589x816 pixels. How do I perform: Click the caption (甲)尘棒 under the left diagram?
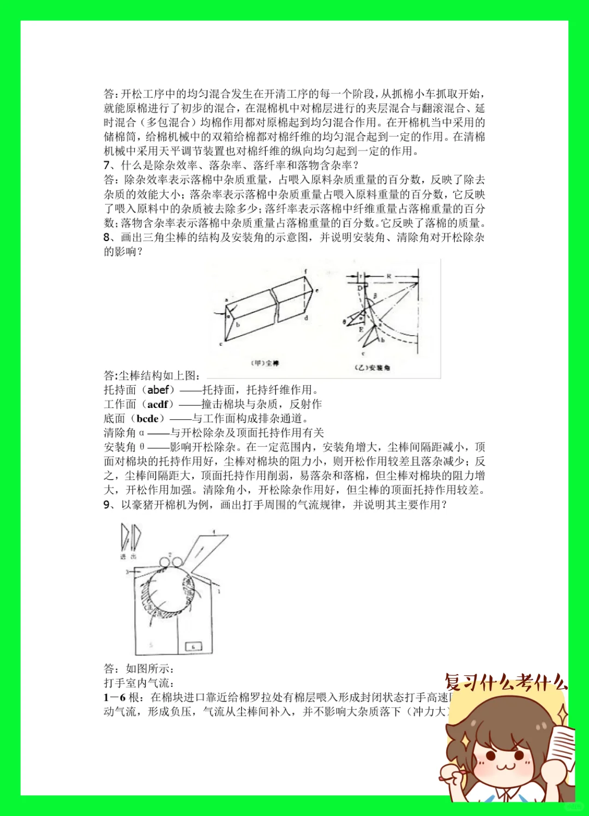(265, 363)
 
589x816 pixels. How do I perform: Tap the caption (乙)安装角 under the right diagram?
(372, 368)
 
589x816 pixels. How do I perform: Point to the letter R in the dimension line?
(389, 277)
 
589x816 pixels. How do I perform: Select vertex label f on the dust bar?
(305, 271)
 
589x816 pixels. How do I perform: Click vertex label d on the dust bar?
(306, 317)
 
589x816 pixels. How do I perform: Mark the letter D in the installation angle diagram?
(360, 288)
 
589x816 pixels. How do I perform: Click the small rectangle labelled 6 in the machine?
(194, 646)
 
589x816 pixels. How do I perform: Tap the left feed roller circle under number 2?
(164, 563)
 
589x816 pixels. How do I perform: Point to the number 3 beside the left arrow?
(127, 572)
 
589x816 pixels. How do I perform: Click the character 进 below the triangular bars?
(123, 556)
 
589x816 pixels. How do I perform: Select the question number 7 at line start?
(107, 165)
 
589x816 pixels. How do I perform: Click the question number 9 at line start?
(107, 505)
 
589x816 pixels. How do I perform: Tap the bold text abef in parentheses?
(158, 389)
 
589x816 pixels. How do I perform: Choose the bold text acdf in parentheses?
(158, 404)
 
